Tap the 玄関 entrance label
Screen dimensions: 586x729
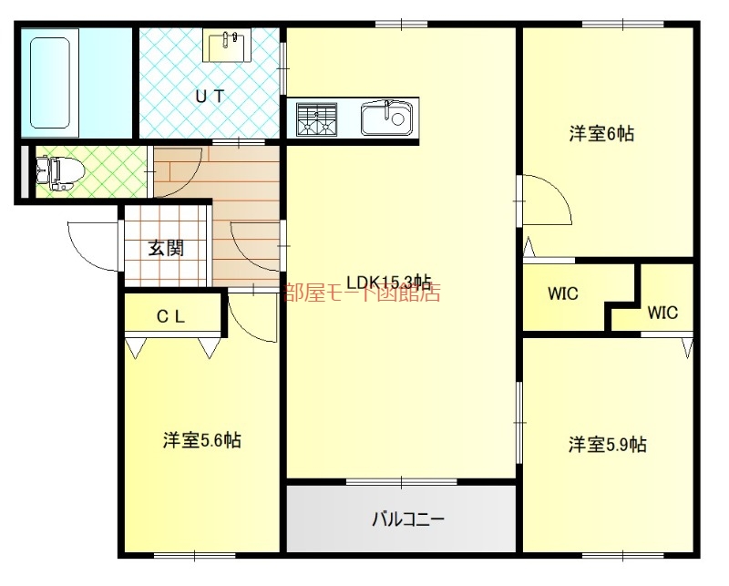[167, 248]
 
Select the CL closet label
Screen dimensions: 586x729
[171, 317]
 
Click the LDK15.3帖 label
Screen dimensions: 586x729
[387, 282]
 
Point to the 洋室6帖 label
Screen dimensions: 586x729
[601, 134]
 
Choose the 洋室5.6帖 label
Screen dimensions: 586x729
[201, 441]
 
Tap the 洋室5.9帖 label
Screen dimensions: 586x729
[608, 445]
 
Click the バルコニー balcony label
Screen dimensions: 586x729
[407, 520]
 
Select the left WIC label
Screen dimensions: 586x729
[563, 294]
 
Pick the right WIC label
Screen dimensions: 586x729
[662, 313]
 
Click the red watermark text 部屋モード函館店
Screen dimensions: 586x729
[362, 293]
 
